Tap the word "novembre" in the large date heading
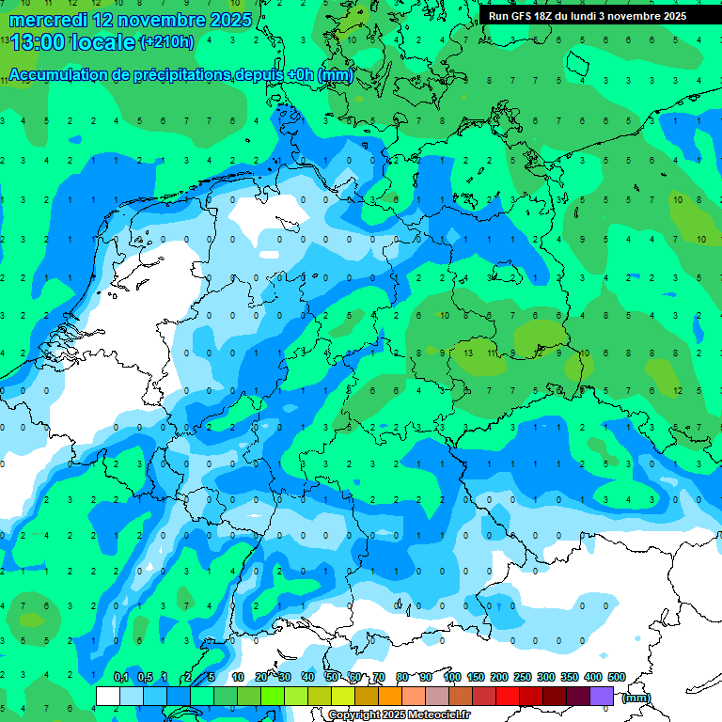click(156, 20)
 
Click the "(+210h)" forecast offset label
click(166, 41)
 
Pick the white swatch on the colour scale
click(108, 696)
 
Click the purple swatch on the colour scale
click(602, 696)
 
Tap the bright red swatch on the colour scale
click(508, 696)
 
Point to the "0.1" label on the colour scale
click(120, 677)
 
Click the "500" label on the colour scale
click(617, 677)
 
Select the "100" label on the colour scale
click(452, 677)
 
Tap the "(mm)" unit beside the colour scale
click(636, 697)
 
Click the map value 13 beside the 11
click(468, 353)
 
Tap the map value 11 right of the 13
click(491, 353)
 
